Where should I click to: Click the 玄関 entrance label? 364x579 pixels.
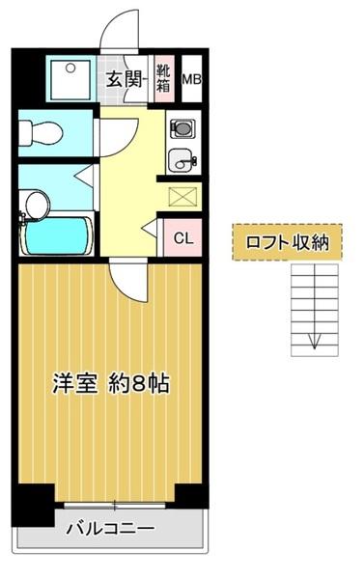[124, 80]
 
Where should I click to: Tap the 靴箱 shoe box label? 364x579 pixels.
[165, 79]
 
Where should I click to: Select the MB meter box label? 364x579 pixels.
[192, 80]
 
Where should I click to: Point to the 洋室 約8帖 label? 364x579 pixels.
[111, 382]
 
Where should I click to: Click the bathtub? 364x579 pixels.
[56, 234]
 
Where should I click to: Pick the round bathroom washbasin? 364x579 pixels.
[37, 204]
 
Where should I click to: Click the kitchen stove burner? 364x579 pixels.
[182, 127]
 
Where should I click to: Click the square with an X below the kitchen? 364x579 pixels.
[182, 196]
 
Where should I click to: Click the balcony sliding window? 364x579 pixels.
[113, 506]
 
